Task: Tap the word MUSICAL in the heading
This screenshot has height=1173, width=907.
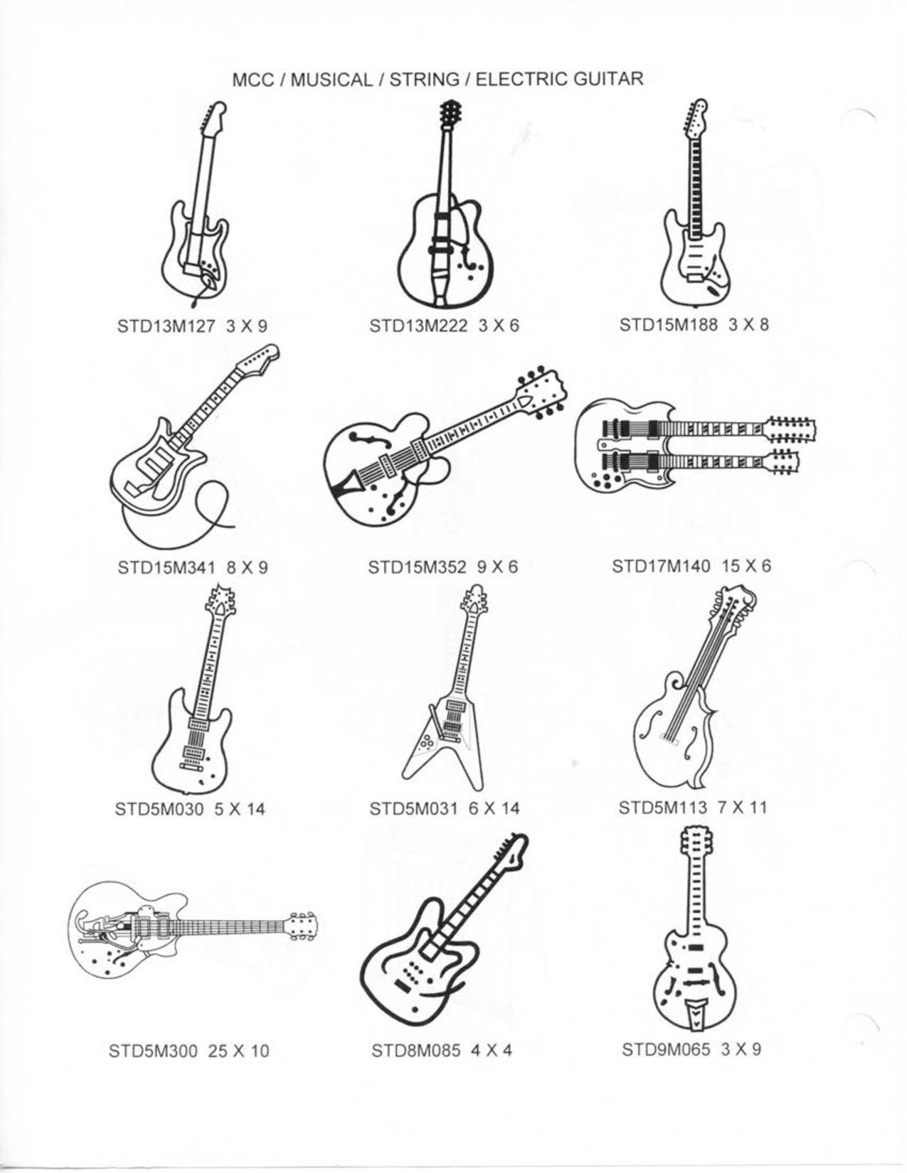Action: pos(331,80)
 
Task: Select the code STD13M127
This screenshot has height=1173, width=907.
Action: pos(166,326)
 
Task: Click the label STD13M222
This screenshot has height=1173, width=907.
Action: pos(418,326)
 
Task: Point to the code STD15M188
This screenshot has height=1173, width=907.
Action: pos(668,324)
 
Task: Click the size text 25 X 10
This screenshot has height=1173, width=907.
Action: pos(238,1051)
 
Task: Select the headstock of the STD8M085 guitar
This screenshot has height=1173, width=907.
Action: pos(512,855)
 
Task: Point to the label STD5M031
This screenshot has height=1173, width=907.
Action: pos(413,808)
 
